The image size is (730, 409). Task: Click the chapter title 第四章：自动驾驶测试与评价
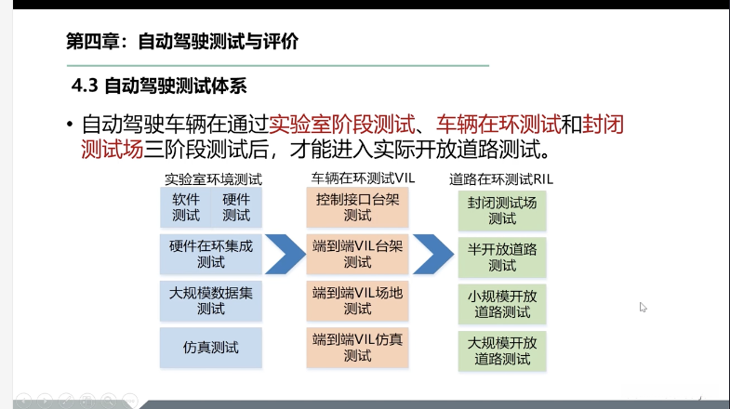[183, 42]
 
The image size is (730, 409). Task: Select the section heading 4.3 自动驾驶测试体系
[159, 87]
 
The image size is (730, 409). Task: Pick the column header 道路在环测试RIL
[503, 178]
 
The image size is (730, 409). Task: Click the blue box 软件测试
[186, 207]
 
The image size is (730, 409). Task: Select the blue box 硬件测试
[236, 207]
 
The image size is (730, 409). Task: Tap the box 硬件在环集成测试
[211, 254]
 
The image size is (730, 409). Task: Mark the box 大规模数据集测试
[211, 300]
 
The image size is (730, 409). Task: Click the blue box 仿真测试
[211, 348]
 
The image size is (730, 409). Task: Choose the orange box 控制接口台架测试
[357, 207]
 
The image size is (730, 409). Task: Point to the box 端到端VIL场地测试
[357, 300]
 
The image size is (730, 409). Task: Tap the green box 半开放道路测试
[503, 257]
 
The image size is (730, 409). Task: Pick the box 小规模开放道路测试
[503, 303]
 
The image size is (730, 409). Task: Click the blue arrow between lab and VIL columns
[284, 254]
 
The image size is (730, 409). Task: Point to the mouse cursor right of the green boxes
[643, 307]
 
